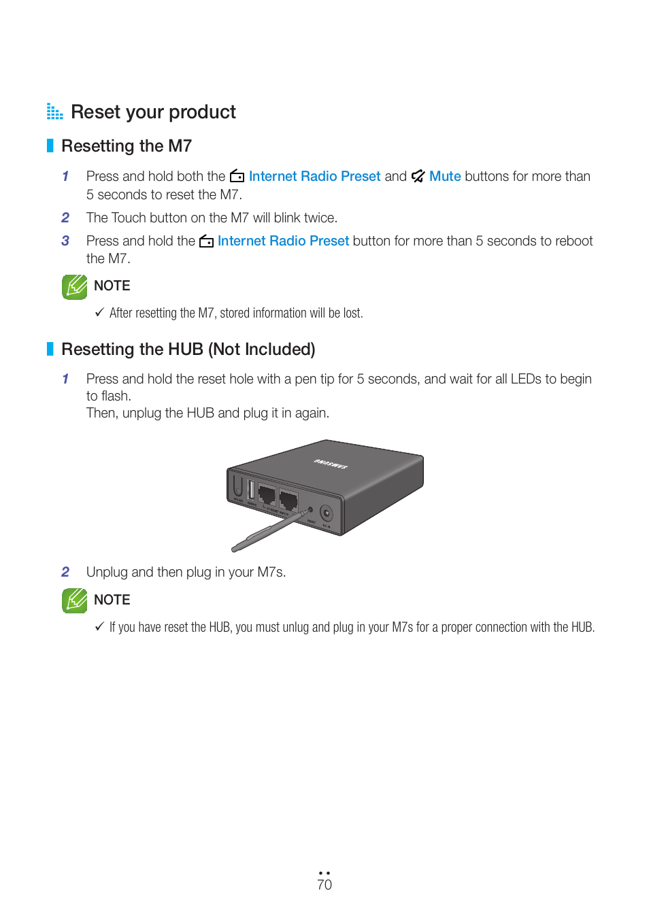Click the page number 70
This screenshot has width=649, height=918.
pos(324,884)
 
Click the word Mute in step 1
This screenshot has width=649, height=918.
pos(445,176)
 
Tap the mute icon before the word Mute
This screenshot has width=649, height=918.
pos(418,176)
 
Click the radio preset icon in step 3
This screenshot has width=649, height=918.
pos(206,241)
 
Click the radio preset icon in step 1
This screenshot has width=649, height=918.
pos(237,176)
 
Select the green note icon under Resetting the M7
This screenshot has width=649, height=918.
pos(75,287)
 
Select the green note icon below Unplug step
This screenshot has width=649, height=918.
pos(75,600)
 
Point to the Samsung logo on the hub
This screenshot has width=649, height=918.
pos(331,464)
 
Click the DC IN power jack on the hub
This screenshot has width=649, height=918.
pos(327,513)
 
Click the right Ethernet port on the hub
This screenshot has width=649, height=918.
pos(288,500)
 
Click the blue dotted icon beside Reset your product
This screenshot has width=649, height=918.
pos(54,112)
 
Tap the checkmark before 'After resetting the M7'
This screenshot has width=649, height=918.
pos(99,312)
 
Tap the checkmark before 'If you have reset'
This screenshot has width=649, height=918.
pos(99,626)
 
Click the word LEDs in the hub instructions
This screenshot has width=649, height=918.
pos(526,379)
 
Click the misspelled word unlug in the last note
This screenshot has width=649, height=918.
pos(296,627)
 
